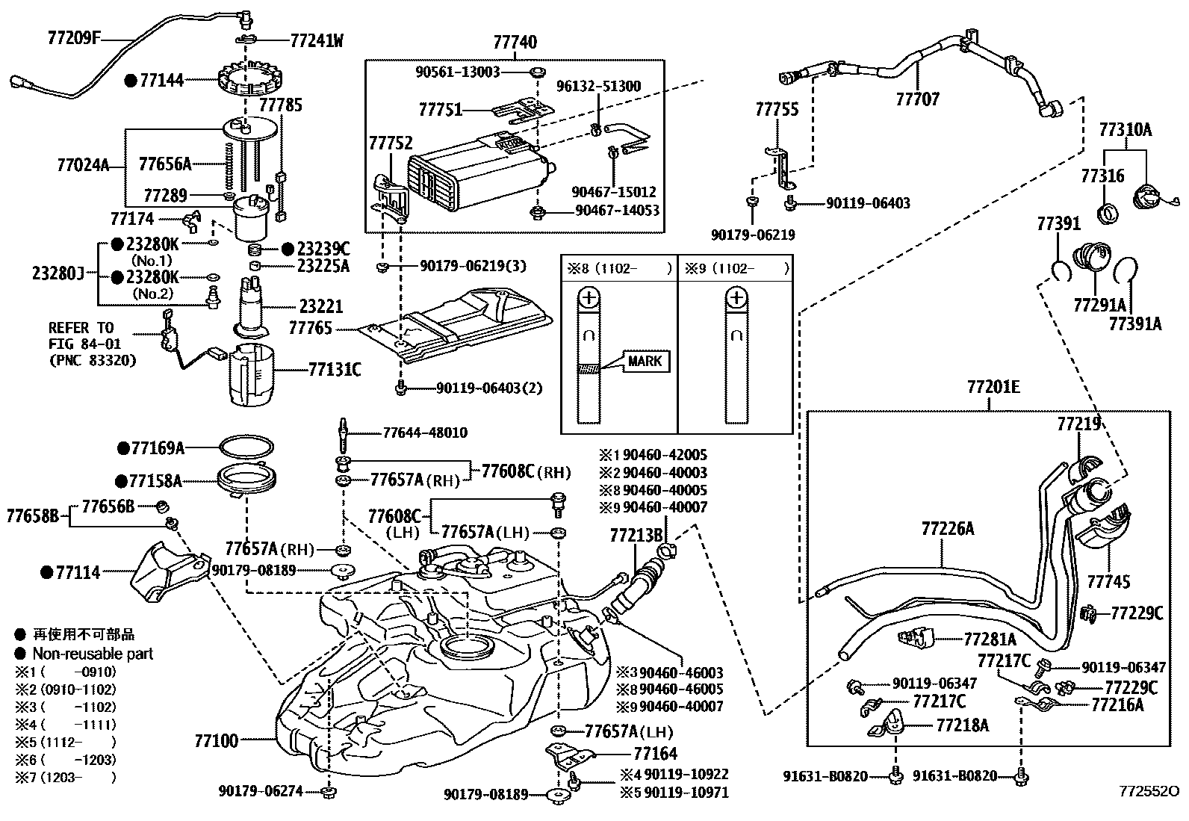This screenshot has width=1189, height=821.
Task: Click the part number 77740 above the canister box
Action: click(515, 43)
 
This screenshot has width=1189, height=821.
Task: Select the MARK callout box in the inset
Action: click(645, 362)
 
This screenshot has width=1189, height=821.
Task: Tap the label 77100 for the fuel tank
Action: click(217, 741)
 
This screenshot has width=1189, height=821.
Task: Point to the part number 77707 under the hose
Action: click(917, 99)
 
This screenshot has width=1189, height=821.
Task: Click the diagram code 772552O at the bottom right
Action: click(1149, 791)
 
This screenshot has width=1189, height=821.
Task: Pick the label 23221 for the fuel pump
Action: click(321, 306)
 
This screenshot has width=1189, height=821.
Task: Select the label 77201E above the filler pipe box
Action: click(993, 387)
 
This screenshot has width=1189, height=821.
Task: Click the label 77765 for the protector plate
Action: click(310, 329)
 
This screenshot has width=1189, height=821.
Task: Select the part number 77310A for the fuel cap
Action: click(1125, 130)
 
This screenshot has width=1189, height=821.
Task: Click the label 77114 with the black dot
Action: click(78, 572)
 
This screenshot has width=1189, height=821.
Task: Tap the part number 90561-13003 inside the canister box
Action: click(458, 72)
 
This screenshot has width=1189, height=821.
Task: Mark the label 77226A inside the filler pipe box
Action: click(948, 529)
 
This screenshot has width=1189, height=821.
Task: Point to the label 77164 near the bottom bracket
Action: click(655, 754)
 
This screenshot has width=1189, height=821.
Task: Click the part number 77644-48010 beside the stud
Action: click(425, 433)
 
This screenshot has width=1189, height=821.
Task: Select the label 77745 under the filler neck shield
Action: click(1108, 581)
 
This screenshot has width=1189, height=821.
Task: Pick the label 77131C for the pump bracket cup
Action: click(335, 369)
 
